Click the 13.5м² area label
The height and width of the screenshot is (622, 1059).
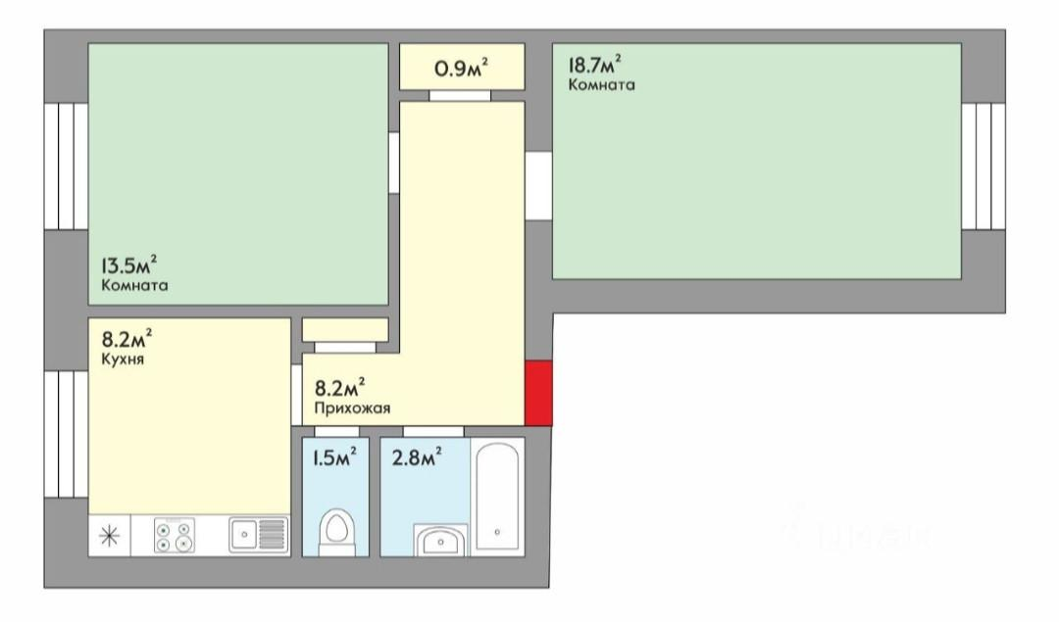(129, 265)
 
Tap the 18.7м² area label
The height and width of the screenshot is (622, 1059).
(596, 66)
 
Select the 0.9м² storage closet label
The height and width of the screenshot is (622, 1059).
(461, 69)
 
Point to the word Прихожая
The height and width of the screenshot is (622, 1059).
(345, 409)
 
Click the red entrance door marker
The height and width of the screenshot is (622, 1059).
(539, 393)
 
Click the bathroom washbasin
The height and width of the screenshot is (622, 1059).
(443, 540)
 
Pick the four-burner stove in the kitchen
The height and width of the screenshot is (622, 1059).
(175, 536)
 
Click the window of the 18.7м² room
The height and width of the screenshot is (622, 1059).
(983, 165)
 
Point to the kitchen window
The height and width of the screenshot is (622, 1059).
(66, 434)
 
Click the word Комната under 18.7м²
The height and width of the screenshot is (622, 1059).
(601, 85)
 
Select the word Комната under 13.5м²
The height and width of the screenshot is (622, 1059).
(134, 287)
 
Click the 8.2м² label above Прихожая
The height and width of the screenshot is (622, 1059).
(340, 386)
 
